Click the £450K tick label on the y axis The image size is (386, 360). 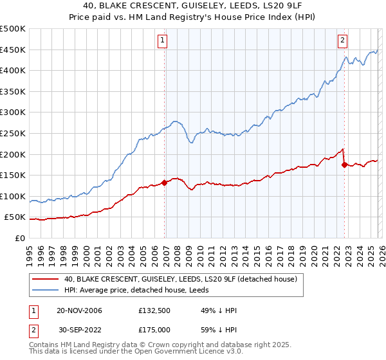13,50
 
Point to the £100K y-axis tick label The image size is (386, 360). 13,196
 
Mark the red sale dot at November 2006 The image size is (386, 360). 165,183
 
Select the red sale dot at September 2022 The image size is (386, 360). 344,165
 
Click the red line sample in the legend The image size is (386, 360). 46,279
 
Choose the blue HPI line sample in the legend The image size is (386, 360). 46,291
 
